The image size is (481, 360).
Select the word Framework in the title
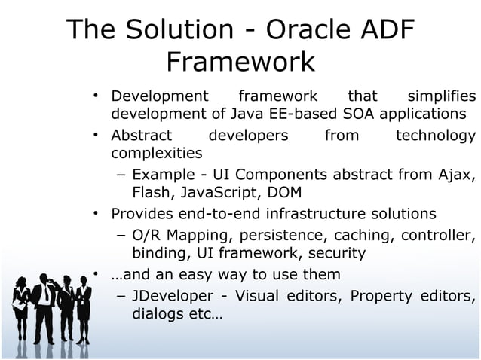tap(240, 62)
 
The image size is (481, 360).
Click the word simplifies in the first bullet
tap(441, 96)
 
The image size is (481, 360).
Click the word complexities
tap(157, 154)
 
